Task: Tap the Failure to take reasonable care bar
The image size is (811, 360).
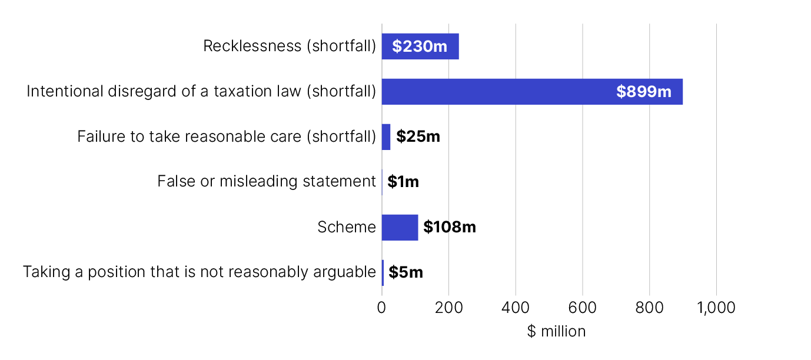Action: tap(386, 137)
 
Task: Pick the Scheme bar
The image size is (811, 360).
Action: tap(400, 228)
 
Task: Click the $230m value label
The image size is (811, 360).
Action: tap(420, 46)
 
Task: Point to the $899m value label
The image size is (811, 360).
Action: tap(643, 92)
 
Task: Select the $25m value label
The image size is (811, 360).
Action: tap(418, 137)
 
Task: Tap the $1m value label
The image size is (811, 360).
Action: tap(403, 182)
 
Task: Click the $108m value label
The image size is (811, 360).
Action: tap(450, 228)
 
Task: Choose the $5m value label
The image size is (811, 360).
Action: tap(406, 272)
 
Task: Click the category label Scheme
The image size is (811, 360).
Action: tap(347, 227)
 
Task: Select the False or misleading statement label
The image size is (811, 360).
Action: tap(266, 182)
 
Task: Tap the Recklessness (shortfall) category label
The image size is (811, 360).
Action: tap(290, 46)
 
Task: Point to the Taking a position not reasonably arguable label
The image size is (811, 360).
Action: tap(200, 272)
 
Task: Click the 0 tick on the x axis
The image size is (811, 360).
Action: tap(381, 308)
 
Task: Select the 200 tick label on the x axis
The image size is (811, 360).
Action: tap(448, 308)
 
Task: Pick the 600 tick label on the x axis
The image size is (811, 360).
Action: tap(583, 308)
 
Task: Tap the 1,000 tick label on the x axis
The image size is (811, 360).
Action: tap(716, 308)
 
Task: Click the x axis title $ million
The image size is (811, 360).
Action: tap(556, 332)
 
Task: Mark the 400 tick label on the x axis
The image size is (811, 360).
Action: tap(516, 308)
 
